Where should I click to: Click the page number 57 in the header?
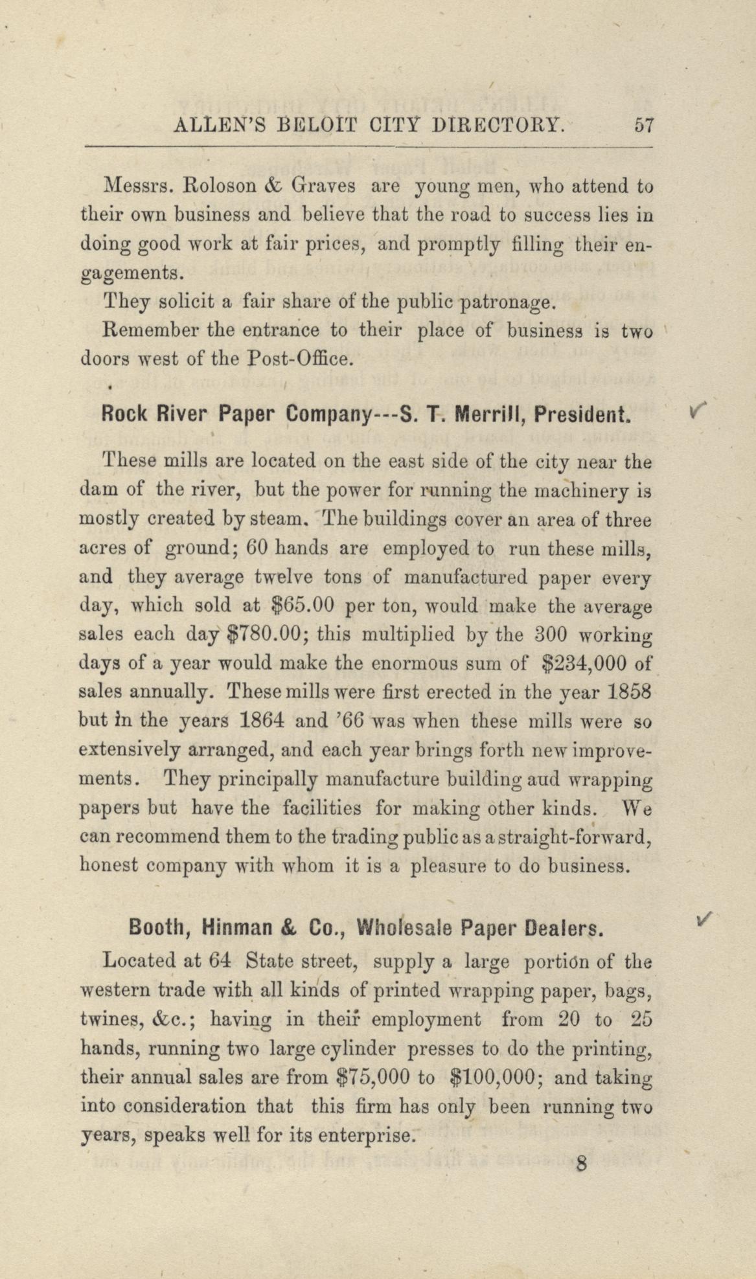click(644, 124)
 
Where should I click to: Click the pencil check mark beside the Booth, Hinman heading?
click(704, 918)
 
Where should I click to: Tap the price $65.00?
click(301, 606)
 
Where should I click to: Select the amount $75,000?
click(375, 1076)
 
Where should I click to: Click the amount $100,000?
click(492, 1076)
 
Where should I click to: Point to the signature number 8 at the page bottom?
click(580, 1164)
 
